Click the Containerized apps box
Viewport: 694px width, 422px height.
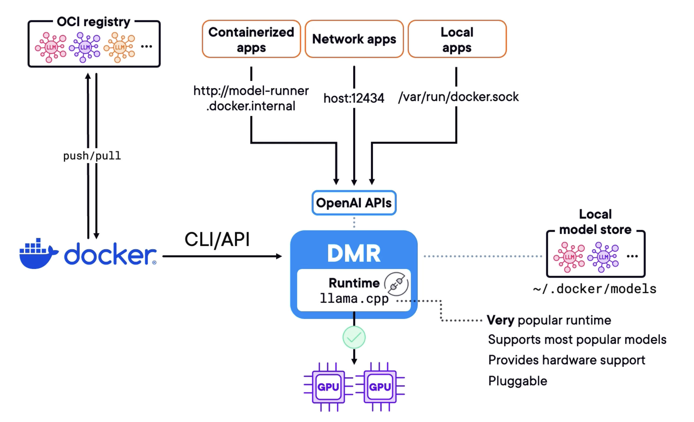[x=251, y=39]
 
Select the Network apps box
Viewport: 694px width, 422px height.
[x=354, y=39]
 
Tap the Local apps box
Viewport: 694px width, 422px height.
[x=457, y=39]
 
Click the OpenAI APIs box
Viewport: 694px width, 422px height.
[x=354, y=203]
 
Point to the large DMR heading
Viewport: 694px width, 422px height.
[x=354, y=253]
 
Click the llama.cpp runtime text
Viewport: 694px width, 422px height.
[x=354, y=299]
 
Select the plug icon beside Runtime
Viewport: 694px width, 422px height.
[x=396, y=284]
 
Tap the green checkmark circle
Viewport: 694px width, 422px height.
[x=354, y=337]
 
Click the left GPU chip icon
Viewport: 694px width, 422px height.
[x=328, y=387]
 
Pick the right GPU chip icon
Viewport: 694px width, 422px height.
[x=380, y=387]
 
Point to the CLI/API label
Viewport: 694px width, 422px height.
[x=217, y=240]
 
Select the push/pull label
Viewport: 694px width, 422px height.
[x=92, y=155]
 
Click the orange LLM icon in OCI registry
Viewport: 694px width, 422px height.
[x=119, y=47]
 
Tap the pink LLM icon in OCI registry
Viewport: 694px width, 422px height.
[x=51, y=47]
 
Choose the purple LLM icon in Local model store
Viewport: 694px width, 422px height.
[x=603, y=257]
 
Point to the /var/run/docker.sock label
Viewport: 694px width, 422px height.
[x=458, y=97]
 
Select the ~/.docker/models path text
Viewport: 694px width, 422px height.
[x=595, y=289]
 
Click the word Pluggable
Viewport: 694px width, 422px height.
[x=518, y=381]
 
